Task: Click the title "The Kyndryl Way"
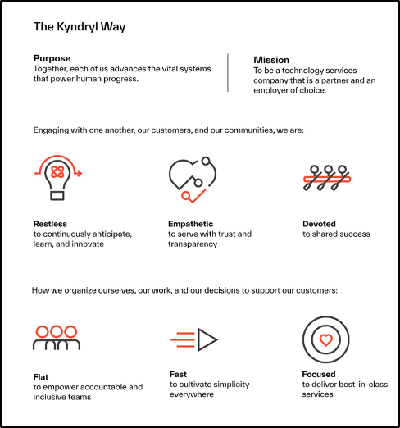click(80, 27)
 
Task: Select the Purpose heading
click(52, 58)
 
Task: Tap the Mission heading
click(271, 60)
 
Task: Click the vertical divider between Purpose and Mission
click(228, 73)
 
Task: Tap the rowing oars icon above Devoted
click(327, 178)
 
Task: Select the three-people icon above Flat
click(57, 338)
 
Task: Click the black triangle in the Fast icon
click(207, 339)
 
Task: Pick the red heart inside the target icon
click(326, 340)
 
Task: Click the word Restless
click(50, 224)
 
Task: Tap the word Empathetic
click(190, 224)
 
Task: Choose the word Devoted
click(319, 224)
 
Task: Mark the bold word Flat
click(41, 377)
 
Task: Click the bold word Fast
click(178, 374)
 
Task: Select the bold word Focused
click(319, 374)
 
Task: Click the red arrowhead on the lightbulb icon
click(79, 173)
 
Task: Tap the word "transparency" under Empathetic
click(193, 244)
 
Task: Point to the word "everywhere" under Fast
click(192, 394)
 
